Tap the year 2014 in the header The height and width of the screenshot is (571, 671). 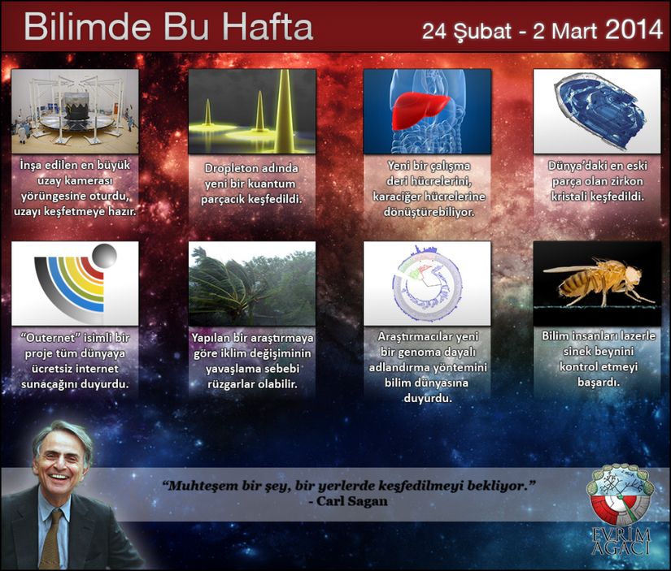(x=634, y=30)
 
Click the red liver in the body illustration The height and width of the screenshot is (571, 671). (x=420, y=110)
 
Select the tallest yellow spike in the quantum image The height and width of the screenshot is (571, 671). (x=284, y=111)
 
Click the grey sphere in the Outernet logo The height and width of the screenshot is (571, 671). (x=104, y=257)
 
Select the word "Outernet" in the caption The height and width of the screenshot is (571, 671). (x=50, y=338)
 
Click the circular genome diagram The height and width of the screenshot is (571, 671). (x=427, y=283)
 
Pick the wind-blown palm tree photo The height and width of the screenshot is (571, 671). (x=252, y=283)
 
